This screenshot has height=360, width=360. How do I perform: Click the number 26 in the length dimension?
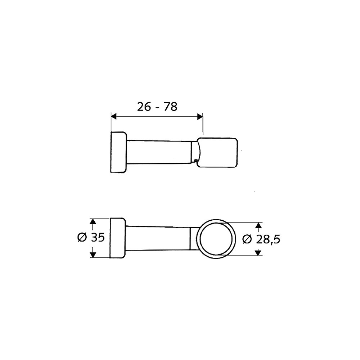pyautogui.click(x=144, y=107)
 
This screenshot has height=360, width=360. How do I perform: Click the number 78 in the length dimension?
pyautogui.click(x=170, y=107)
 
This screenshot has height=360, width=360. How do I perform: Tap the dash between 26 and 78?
pyautogui.click(x=157, y=108)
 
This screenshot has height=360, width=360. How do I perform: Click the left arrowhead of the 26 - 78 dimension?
pyautogui.click(x=114, y=117)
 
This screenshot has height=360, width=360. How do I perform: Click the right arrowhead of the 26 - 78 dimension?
pyautogui.click(x=200, y=117)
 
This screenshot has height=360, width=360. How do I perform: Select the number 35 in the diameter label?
pyautogui.click(x=98, y=237)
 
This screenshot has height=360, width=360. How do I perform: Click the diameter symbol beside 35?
pyautogui.click(x=82, y=237)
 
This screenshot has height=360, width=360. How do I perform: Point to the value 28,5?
pyautogui.click(x=268, y=240)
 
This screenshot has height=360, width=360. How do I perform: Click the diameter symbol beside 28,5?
pyautogui.click(x=247, y=239)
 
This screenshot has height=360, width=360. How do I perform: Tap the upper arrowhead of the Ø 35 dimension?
pyautogui.click(x=93, y=221)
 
